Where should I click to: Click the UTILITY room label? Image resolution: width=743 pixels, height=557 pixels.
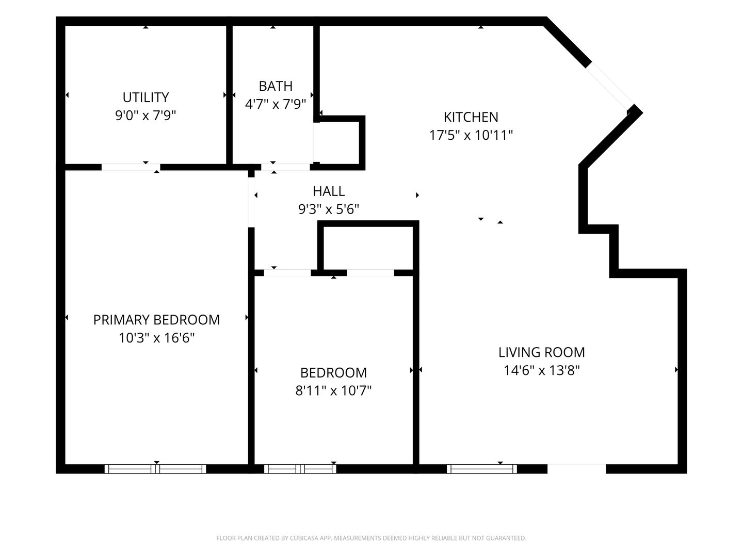click(x=146, y=97)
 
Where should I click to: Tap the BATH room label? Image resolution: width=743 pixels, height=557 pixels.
click(x=276, y=86)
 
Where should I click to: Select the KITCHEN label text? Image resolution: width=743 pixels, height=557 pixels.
click(x=471, y=118)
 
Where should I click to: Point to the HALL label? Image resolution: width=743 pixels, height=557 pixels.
click(x=329, y=191)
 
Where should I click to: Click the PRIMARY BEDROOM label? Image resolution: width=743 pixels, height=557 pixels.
click(x=156, y=320)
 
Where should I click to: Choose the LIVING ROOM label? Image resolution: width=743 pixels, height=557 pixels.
click(x=542, y=352)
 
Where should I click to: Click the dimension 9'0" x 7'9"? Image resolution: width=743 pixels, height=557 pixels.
click(x=146, y=116)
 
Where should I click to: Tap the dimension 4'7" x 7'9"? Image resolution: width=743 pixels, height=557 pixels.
click(x=276, y=104)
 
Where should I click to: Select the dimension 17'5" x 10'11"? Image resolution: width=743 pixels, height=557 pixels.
click(x=471, y=135)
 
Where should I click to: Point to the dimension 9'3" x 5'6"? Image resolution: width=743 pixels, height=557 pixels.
click(x=329, y=209)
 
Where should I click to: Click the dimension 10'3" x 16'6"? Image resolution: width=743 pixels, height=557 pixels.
click(x=156, y=338)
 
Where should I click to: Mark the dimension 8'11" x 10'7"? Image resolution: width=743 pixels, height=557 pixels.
click(x=333, y=390)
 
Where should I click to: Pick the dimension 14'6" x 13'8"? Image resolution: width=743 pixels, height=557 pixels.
click(x=542, y=370)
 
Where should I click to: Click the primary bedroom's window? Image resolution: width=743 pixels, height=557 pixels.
click(x=155, y=469)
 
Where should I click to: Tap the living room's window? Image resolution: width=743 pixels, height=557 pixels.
click(x=482, y=469)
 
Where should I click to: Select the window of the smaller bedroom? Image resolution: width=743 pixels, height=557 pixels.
click(x=300, y=469)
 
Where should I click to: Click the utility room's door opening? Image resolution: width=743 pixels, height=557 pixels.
click(x=131, y=167)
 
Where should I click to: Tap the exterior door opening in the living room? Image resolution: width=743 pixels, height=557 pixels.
click(x=576, y=469)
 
